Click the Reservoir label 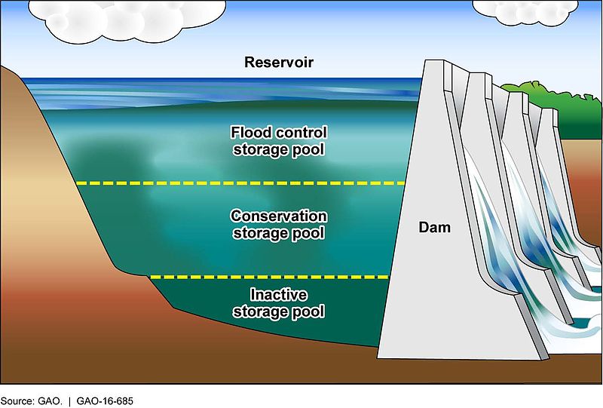coord(279,62)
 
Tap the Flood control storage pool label coord(279,141)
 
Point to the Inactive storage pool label coord(279,302)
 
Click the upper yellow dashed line coord(241,183)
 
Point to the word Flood coord(247,133)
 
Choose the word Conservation coord(279,216)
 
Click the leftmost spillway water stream coord(486,226)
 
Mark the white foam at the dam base coord(573,321)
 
